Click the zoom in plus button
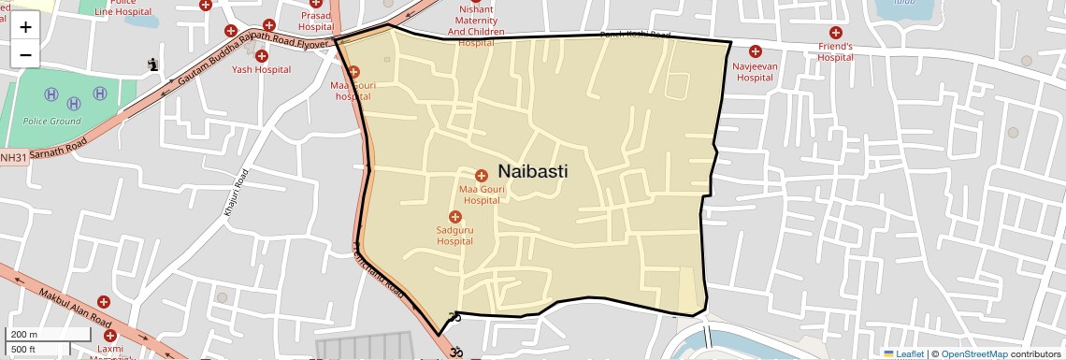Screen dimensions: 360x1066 pos(25,27)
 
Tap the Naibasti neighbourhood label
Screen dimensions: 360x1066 pos(533,171)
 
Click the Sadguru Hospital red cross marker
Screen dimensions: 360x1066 pos(455,217)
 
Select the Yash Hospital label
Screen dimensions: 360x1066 pos(254,69)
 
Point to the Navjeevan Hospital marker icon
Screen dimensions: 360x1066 pos(755,51)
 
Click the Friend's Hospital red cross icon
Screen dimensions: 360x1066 pos(835,33)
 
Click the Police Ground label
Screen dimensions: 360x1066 pos(52,122)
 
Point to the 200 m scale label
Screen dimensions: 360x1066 pos(24,335)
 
